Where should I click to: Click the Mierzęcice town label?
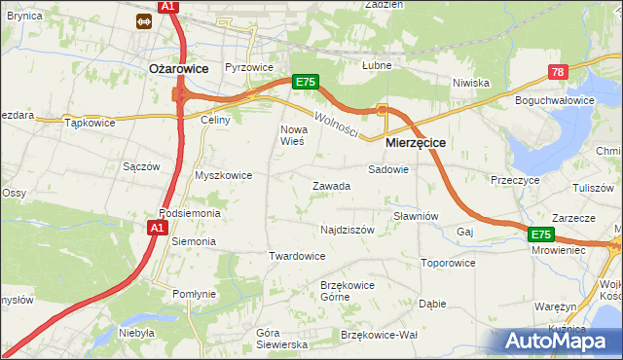tap(416, 142)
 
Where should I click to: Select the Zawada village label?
tap(331, 186)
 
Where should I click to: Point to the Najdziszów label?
tap(348, 230)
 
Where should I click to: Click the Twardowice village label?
tap(297, 256)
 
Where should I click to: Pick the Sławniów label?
tap(417, 216)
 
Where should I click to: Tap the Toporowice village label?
tap(448, 263)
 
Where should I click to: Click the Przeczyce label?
tap(515, 180)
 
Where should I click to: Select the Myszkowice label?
tap(224, 175)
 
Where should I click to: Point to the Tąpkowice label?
tap(90, 123)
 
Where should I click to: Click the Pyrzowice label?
tap(249, 67)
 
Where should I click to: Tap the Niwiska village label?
tap(470, 83)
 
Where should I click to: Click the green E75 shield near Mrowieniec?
tap(541, 234)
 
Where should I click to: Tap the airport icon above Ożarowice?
tap(143, 18)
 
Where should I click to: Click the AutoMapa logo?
tap(560, 341)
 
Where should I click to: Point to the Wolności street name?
tap(337, 125)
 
